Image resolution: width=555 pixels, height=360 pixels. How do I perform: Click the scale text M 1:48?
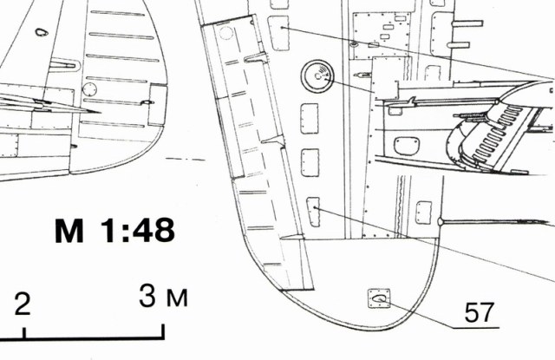click(114, 230)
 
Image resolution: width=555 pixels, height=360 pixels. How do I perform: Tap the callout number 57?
click(479, 312)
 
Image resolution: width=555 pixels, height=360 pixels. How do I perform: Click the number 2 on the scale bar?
click(23, 304)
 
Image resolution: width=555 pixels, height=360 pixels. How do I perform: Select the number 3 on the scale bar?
click(147, 296)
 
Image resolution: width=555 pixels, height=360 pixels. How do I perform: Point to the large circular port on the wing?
click(317, 76)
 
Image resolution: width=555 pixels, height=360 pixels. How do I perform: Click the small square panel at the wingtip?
click(379, 298)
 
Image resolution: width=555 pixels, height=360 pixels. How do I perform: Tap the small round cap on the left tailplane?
click(89, 89)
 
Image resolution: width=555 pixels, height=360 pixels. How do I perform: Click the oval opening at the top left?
click(42, 32)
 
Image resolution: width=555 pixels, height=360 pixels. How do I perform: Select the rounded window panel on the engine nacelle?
click(407, 147)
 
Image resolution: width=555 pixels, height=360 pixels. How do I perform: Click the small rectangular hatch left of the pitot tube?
click(424, 213)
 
